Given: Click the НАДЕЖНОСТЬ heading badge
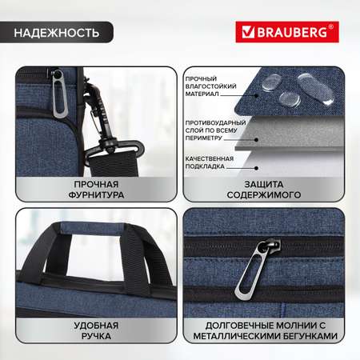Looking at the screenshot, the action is click(57, 32).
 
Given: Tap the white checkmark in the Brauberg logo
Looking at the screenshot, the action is click(248, 32).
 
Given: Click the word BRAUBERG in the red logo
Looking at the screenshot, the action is click(292, 32).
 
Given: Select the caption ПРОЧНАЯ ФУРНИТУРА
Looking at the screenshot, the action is click(96, 190).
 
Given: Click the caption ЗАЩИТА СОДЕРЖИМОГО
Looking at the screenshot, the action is click(264, 190).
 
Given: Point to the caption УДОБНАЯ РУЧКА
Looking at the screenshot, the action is click(96, 330).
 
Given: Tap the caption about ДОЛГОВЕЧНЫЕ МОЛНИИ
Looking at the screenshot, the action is click(266, 330).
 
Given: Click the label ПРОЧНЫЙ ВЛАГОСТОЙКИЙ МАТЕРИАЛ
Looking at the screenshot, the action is click(210, 86).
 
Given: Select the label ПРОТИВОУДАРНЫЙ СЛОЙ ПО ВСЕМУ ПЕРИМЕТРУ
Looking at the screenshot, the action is click(215, 130).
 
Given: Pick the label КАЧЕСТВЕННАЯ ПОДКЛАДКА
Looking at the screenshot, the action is click(210, 162).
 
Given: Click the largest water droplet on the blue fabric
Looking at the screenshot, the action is click(316, 90).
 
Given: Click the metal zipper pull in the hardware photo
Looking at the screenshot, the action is click(58, 93).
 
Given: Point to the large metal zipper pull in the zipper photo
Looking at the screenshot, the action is click(256, 266).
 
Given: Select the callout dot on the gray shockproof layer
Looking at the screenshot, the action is click(256, 139).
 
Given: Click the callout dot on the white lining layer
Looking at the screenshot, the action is click(256, 168).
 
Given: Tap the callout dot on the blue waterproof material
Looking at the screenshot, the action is click(256, 95).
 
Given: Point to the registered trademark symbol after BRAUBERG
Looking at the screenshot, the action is click(331, 26).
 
